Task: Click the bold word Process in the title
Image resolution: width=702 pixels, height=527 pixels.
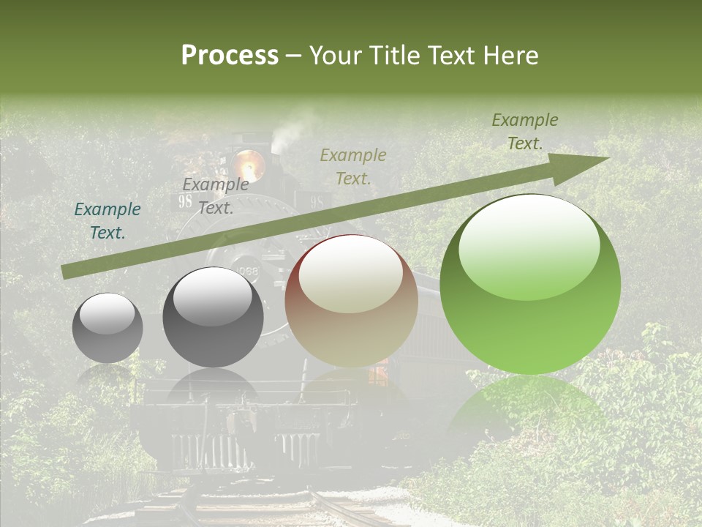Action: click(230, 56)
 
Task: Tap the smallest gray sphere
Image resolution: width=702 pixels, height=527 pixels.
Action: click(108, 328)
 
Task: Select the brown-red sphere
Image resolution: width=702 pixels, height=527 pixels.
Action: click(351, 301)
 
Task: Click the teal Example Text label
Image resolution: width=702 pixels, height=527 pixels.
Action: click(107, 220)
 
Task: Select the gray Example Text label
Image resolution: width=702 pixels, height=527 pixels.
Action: click(215, 195)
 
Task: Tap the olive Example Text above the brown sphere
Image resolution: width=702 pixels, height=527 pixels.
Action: click(353, 166)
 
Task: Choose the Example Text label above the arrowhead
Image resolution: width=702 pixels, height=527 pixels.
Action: click(525, 131)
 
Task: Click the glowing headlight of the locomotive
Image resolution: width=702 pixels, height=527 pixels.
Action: click(249, 162)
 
